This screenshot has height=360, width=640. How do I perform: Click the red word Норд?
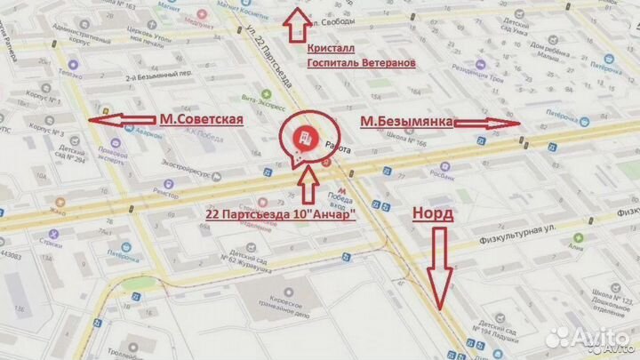pyautogui.click(x=432, y=213)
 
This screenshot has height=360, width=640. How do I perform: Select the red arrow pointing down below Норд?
pyautogui.click(x=436, y=268)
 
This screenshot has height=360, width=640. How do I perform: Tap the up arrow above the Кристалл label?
pyautogui.click(x=292, y=22)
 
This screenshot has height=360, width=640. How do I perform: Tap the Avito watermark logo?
pyautogui.click(x=587, y=335)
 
